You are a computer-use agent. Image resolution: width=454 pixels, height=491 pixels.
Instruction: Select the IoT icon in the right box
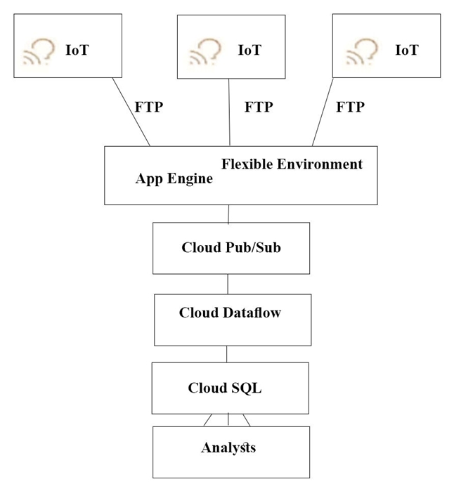[362, 51]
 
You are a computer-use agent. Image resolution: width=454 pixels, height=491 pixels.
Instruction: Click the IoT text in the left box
[77, 50]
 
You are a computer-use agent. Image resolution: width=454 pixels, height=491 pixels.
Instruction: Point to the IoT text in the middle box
[249, 50]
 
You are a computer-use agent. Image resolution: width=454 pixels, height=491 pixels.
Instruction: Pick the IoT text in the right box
[406, 50]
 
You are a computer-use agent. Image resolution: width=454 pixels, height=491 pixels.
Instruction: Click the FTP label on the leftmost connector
[148, 107]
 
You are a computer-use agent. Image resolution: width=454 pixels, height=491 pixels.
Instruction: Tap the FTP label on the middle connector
[259, 107]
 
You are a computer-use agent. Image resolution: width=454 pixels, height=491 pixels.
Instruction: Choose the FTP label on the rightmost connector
[350, 107]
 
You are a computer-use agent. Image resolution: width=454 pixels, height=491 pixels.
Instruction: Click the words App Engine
[174, 178]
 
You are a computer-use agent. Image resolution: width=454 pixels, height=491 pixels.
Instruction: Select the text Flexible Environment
[292, 164]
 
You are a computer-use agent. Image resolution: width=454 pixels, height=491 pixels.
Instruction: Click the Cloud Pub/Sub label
[231, 247]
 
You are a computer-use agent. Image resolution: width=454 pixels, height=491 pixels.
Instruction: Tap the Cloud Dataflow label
[230, 313]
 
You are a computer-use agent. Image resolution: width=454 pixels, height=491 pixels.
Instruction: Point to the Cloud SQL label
[225, 388]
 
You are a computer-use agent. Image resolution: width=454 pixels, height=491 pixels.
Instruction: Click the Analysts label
[228, 447]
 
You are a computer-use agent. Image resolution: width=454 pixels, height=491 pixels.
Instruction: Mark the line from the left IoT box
[131, 112]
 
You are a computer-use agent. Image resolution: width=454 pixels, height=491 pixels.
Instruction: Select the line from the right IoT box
[323, 112]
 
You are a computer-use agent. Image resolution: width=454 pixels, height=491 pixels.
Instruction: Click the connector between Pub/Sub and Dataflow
[228, 284]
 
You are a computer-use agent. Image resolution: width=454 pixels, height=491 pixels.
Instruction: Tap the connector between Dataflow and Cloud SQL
[227, 354]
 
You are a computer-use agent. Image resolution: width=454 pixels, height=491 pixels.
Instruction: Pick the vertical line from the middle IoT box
[230, 112]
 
